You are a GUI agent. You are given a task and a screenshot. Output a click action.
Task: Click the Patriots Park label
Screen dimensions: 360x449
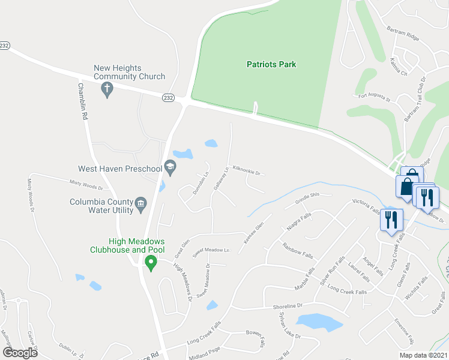pos(272,64)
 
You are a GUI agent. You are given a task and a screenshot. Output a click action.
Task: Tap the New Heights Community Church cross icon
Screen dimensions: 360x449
pos(107,91)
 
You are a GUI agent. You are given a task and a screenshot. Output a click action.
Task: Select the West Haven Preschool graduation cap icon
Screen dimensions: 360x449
pos(170,169)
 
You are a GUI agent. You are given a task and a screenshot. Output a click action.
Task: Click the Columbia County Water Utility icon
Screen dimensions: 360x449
pos(140,204)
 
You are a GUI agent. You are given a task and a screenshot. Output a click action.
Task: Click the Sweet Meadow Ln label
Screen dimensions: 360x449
pos(211,250)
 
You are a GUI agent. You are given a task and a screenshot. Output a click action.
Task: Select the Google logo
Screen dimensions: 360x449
pos(20,353)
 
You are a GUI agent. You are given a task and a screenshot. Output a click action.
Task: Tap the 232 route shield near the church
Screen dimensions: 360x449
pos(167,97)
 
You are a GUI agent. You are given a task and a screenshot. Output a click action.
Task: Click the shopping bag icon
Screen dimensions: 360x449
pos(408,184)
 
